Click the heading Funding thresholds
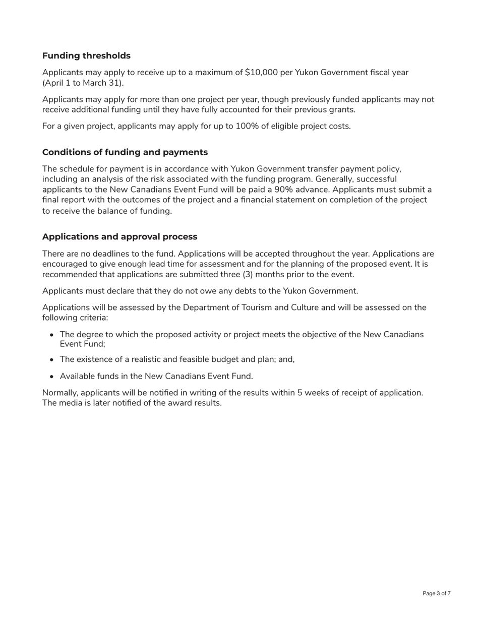coord(86,56)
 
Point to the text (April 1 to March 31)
coord(83,83)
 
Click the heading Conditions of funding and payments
coord(125,152)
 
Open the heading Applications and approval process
coord(119,237)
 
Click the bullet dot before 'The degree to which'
coord(52,335)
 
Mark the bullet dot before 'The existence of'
coord(52,360)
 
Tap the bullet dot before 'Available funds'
coord(52,377)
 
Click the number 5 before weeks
coord(300,393)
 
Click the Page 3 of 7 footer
coord(436,594)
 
